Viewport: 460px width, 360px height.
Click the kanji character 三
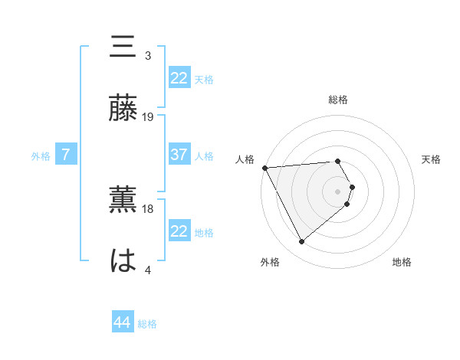(x=123, y=47)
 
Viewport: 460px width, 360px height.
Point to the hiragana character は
(x=123, y=261)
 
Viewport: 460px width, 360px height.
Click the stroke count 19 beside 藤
(x=148, y=117)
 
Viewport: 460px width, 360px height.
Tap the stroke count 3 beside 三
(x=148, y=56)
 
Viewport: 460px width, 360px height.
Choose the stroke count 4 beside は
(x=148, y=270)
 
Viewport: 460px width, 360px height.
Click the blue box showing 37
(x=179, y=155)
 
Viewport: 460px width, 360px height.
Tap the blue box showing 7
(x=66, y=155)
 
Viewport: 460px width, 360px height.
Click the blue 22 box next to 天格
(x=179, y=78)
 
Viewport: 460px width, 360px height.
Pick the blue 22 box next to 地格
(x=179, y=231)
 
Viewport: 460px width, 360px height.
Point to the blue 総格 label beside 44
(x=147, y=324)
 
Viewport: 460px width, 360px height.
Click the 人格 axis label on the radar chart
(x=245, y=159)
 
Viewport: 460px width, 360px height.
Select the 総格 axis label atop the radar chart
(x=338, y=100)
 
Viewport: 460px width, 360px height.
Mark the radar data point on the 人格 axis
(x=264, y=167)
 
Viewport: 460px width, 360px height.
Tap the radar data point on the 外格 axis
(x=301, y=242)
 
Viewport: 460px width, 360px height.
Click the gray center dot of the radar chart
(x=338, y=191)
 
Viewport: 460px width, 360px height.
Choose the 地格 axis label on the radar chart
(x=402, y=262)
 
